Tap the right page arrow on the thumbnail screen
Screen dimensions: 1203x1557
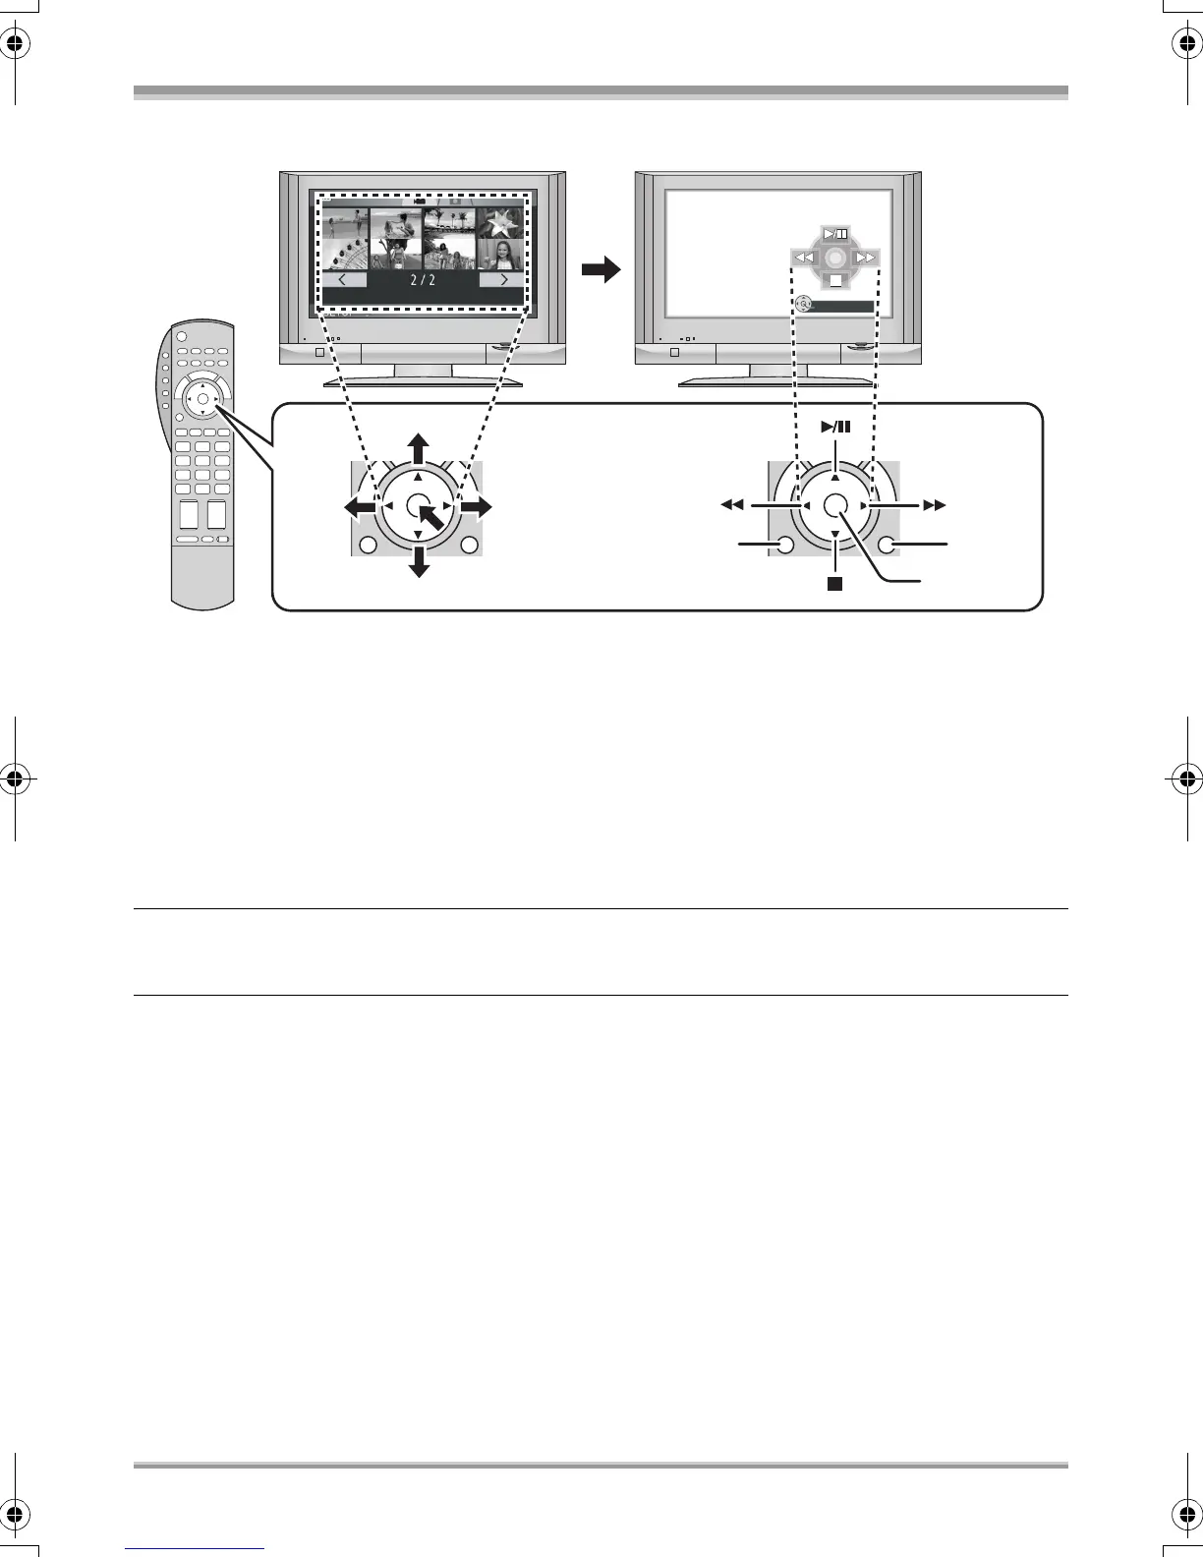(501, 280)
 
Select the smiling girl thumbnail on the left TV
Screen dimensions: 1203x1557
(501, 255)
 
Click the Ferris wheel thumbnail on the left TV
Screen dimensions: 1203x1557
(345, 255)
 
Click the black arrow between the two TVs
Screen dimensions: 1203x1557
(602, 269)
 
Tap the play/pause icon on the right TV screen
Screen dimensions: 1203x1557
(835, 234)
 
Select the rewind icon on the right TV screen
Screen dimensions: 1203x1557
(804, 259)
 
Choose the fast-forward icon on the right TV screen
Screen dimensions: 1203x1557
(866, 259)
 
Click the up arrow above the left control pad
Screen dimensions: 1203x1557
(418, 446)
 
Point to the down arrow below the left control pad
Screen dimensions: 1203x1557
(420, 563)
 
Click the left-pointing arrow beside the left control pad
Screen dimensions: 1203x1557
(358, 506)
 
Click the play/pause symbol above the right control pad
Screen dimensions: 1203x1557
(835, 427)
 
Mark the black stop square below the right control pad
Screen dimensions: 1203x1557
(834, 583)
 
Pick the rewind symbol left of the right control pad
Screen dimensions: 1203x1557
(731, 505)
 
